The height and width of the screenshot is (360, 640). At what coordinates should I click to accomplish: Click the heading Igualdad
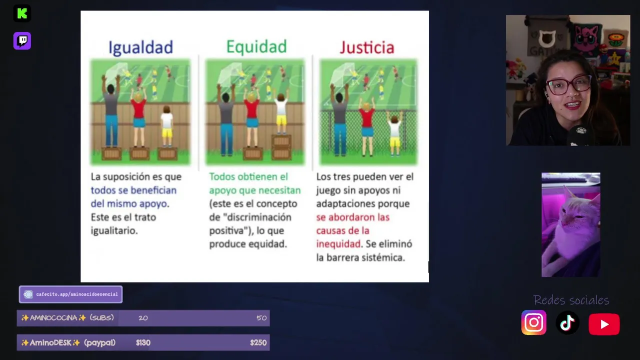pos(140,47)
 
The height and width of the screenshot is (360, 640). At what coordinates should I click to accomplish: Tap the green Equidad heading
pos(256,47)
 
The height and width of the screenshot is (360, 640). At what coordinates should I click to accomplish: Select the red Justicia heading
pos(367,47)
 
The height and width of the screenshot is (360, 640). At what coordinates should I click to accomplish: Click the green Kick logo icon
pos(22,13)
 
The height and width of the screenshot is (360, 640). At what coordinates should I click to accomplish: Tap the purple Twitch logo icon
pos(22,40)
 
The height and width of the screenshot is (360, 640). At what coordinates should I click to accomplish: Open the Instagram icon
pos(533,322)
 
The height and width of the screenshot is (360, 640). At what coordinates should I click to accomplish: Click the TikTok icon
pos(567,323)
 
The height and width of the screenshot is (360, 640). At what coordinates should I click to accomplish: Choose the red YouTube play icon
pos(604,324)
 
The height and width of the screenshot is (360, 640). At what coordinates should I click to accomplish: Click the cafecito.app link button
pos(70,294)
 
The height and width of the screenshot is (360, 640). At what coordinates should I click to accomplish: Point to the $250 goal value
pos(258,342)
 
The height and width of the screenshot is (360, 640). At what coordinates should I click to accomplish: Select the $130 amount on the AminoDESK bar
pos(143,342)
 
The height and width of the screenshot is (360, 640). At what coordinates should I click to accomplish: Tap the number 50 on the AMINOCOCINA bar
pos(261,318)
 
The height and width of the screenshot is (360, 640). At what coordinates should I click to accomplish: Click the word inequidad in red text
pos(338,244)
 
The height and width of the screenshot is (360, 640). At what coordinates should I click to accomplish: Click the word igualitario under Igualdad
pos(114,230)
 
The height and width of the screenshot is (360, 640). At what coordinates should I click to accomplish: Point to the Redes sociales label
pos(571,300)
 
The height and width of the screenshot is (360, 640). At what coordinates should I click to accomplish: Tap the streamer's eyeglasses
pos(568,85)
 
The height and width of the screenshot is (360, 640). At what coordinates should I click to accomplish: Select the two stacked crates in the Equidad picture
pos(281,147)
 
